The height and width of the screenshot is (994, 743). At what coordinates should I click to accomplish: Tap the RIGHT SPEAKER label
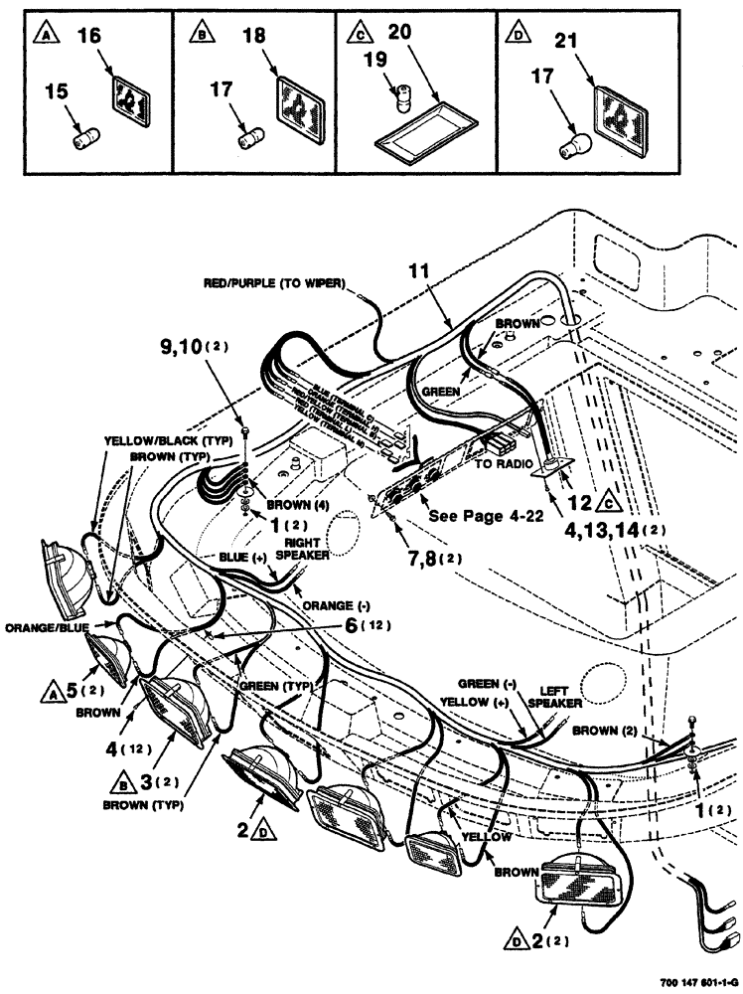click(304, 550)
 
